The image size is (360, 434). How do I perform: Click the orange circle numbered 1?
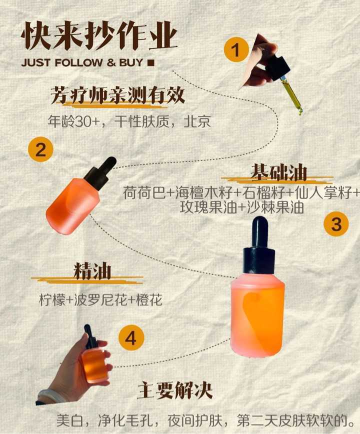236,50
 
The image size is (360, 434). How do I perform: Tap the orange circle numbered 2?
40,149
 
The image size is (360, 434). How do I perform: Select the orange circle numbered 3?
336,223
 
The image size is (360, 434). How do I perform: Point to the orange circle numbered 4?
131,338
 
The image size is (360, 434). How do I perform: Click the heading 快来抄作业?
99,36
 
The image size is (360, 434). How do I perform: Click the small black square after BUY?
151,63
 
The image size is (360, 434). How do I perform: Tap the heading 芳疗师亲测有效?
117,95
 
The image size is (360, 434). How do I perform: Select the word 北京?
197,121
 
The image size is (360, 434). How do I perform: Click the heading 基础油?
278,173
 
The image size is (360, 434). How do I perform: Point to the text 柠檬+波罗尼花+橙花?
100,300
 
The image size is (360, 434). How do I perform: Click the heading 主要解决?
175,390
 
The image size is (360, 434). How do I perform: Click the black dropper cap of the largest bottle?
259,246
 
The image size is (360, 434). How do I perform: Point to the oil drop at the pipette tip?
300,112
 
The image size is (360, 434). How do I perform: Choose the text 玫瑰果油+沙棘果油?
242,207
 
